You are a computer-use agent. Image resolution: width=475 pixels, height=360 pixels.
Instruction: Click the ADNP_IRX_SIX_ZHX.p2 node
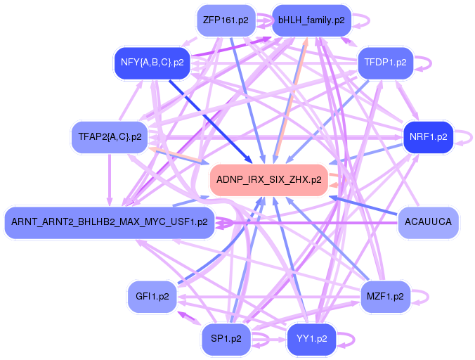pos(268,179)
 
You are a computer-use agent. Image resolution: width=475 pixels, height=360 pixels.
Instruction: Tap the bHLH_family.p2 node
pos(311,20)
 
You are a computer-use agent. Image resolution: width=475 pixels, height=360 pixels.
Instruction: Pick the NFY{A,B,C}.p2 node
pos(152,63)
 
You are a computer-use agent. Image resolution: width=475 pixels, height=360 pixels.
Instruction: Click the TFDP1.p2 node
pos(385,63)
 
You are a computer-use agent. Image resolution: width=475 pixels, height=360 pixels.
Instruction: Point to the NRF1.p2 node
pos(427,136)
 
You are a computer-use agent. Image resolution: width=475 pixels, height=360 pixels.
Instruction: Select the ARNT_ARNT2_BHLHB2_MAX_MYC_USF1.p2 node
pos(110,222)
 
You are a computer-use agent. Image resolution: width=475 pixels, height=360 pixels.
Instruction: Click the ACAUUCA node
pos(429,222)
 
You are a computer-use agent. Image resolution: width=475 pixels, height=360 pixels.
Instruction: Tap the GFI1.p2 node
pos(152,296)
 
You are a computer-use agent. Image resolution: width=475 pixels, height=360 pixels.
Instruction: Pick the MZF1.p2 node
pos(384,296)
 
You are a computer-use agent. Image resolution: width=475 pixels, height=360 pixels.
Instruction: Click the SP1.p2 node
pos(226,338)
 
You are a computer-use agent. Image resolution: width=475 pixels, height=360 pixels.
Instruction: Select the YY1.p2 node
pos(311,338)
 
